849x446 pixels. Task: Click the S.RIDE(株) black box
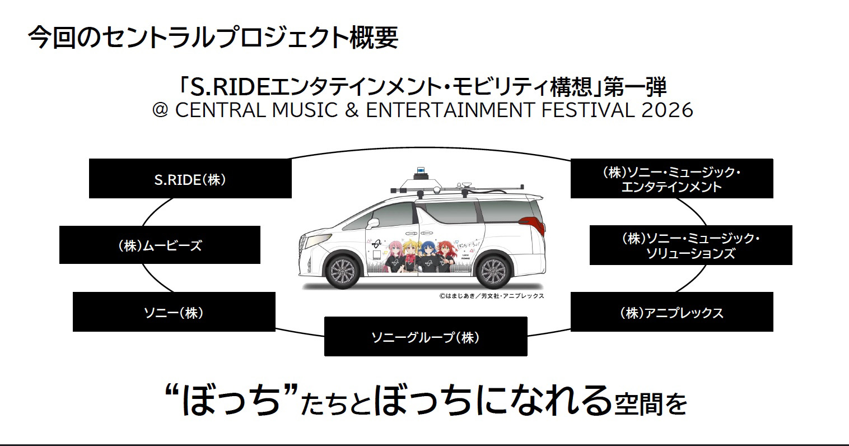(x=190, y=179)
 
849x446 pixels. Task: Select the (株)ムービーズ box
(x=160, y=245)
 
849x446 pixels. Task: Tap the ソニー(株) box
(x=174, y=312)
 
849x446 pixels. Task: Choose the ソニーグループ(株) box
(x=426, y=336)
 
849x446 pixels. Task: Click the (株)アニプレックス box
(x=671, y=312)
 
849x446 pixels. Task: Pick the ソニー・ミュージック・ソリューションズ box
(x=691, y=245)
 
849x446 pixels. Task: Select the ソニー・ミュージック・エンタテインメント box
(x=671, y=179)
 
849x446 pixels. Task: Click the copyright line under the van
(x=491, y=296)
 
